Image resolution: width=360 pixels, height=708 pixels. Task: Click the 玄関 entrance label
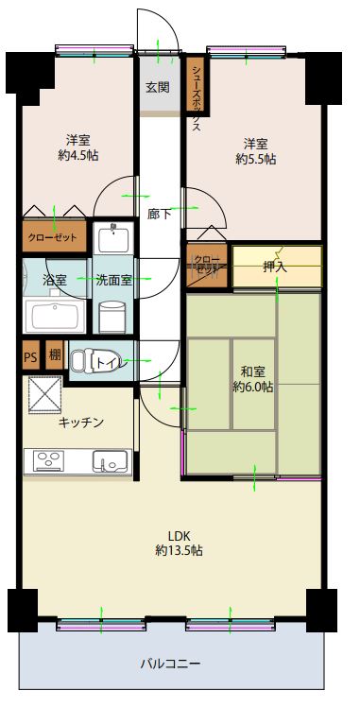pos(157,87)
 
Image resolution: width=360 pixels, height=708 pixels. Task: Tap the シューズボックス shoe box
pos(197,84)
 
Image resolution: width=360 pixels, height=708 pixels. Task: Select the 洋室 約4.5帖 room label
pos(78,148)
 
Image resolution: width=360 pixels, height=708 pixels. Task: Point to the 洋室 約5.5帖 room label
pos(256,151)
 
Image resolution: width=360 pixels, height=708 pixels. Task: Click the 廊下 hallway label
pos(160,214)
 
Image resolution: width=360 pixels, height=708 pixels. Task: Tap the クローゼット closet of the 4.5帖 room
pos(54,236)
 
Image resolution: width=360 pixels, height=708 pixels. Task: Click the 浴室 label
pos(55,280)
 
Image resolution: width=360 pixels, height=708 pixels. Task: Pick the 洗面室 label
pos(113,280)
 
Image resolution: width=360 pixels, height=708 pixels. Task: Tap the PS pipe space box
pos(30,355)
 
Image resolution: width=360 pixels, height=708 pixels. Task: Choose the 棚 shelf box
pos(56,355)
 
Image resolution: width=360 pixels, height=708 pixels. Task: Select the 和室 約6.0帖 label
pos(252,379)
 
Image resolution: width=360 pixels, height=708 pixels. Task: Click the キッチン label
pos(81,423)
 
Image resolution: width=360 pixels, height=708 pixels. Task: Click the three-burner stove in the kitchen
pos(48,461)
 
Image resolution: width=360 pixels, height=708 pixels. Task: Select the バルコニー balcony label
pos(170,664)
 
